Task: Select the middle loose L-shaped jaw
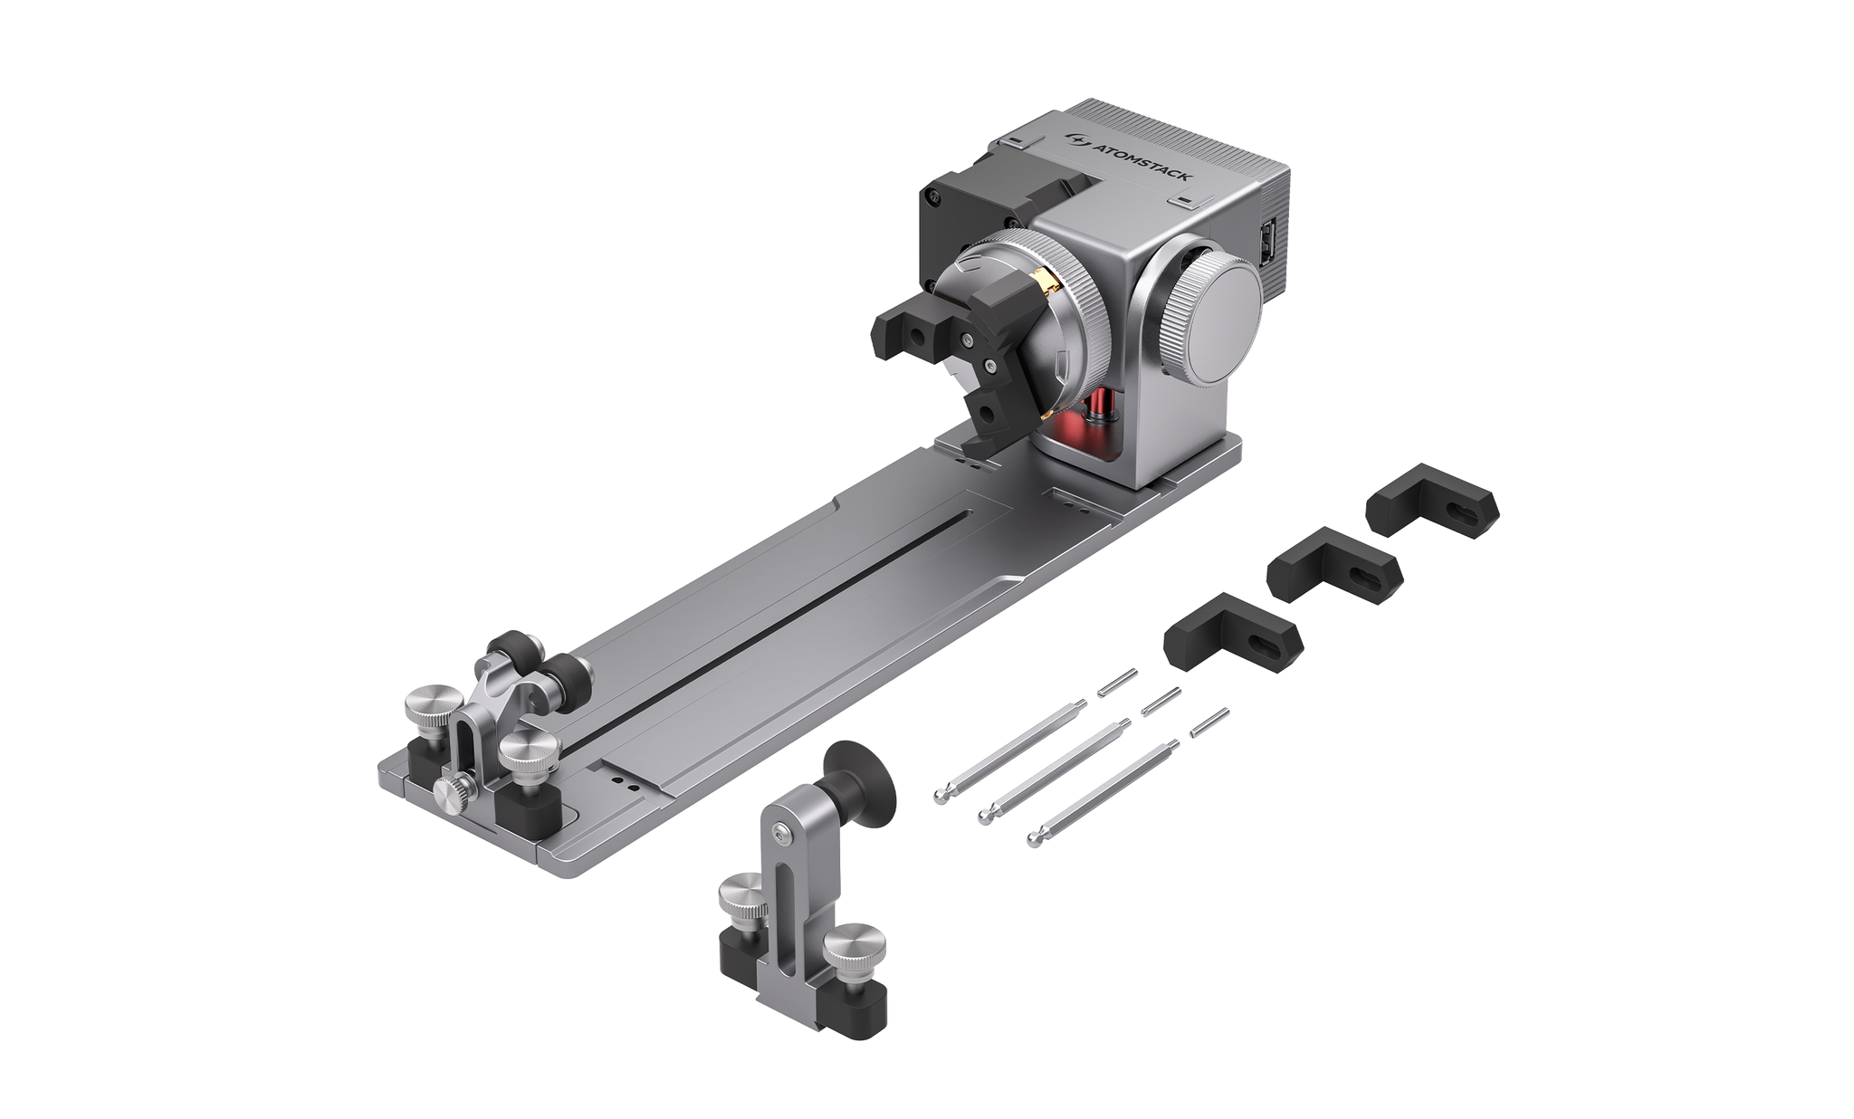1334,565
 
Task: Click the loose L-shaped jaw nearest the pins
1234,632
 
